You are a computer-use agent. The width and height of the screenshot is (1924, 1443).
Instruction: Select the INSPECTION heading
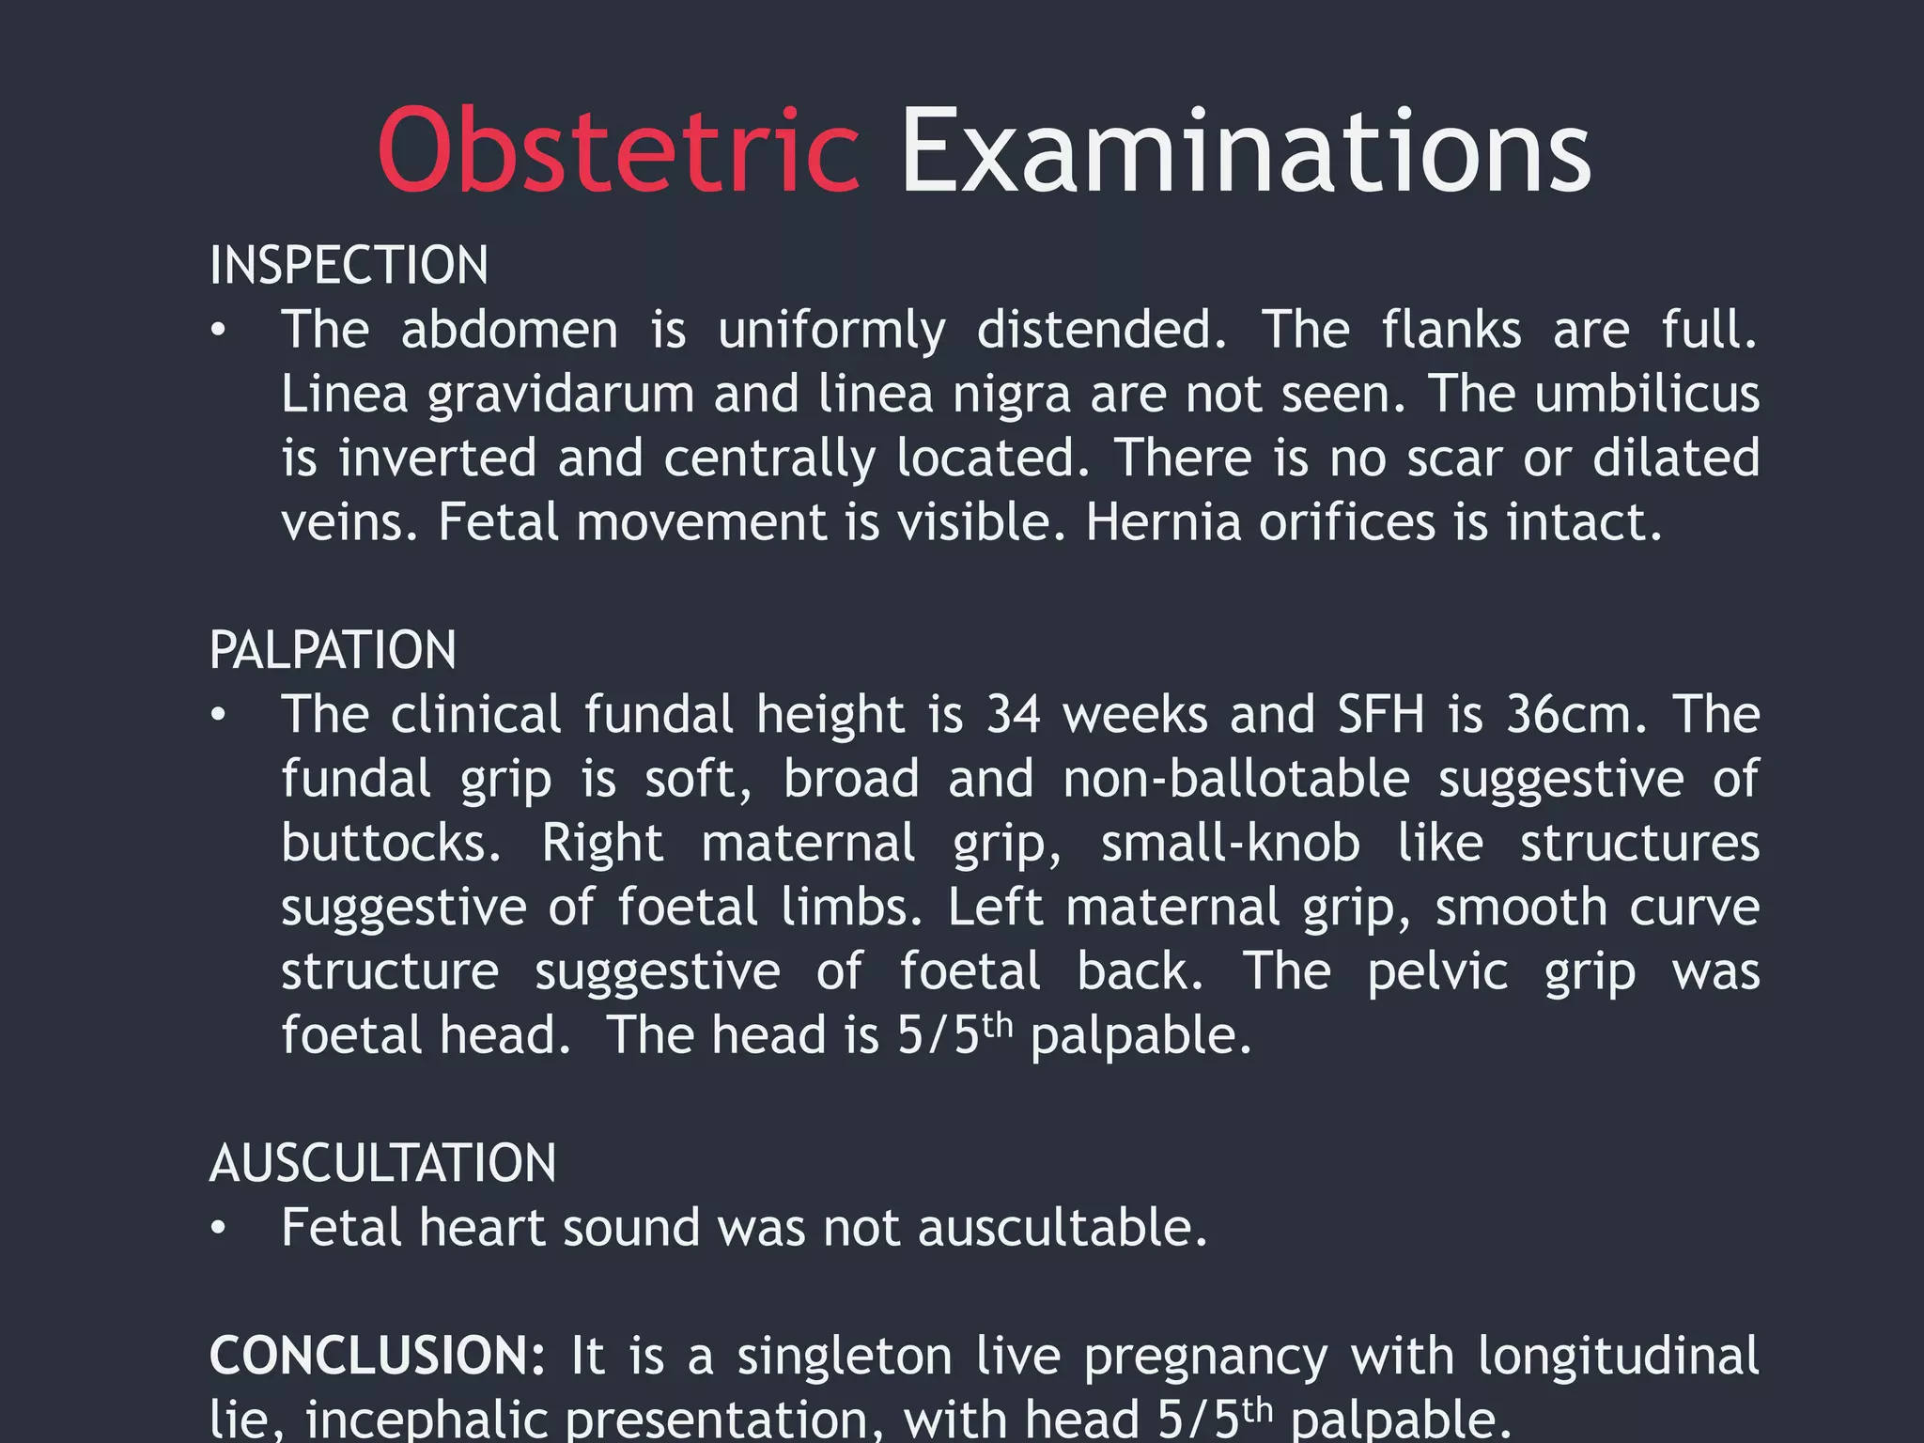[349, 265]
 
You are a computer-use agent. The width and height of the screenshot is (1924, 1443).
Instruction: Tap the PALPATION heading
[333, 650]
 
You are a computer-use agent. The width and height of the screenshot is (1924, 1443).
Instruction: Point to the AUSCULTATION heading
[382, 1163]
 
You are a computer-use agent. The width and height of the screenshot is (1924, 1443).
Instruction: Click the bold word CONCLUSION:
[377, 1356]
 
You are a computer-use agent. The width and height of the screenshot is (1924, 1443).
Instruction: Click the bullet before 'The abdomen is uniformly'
[218, 331]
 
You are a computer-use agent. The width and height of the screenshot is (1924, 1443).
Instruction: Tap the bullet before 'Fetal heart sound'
[218, 1229]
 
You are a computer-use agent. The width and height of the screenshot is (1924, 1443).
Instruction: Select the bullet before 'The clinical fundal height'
[218, 716]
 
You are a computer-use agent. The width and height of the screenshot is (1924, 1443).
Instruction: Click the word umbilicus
[1647, 394]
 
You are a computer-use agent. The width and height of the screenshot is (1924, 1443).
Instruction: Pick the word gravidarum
[561, 396]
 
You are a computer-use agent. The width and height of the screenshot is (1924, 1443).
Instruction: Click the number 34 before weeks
[1013, 715]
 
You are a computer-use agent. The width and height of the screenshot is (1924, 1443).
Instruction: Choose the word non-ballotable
[1236, 779]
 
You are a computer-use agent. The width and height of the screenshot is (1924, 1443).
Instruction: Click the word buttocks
[391, 843]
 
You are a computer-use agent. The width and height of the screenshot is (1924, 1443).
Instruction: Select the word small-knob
[1230, 843]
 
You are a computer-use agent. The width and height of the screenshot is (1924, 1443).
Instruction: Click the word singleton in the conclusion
[844, 1356]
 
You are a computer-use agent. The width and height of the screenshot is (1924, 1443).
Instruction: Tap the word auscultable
[1062, 1229]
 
